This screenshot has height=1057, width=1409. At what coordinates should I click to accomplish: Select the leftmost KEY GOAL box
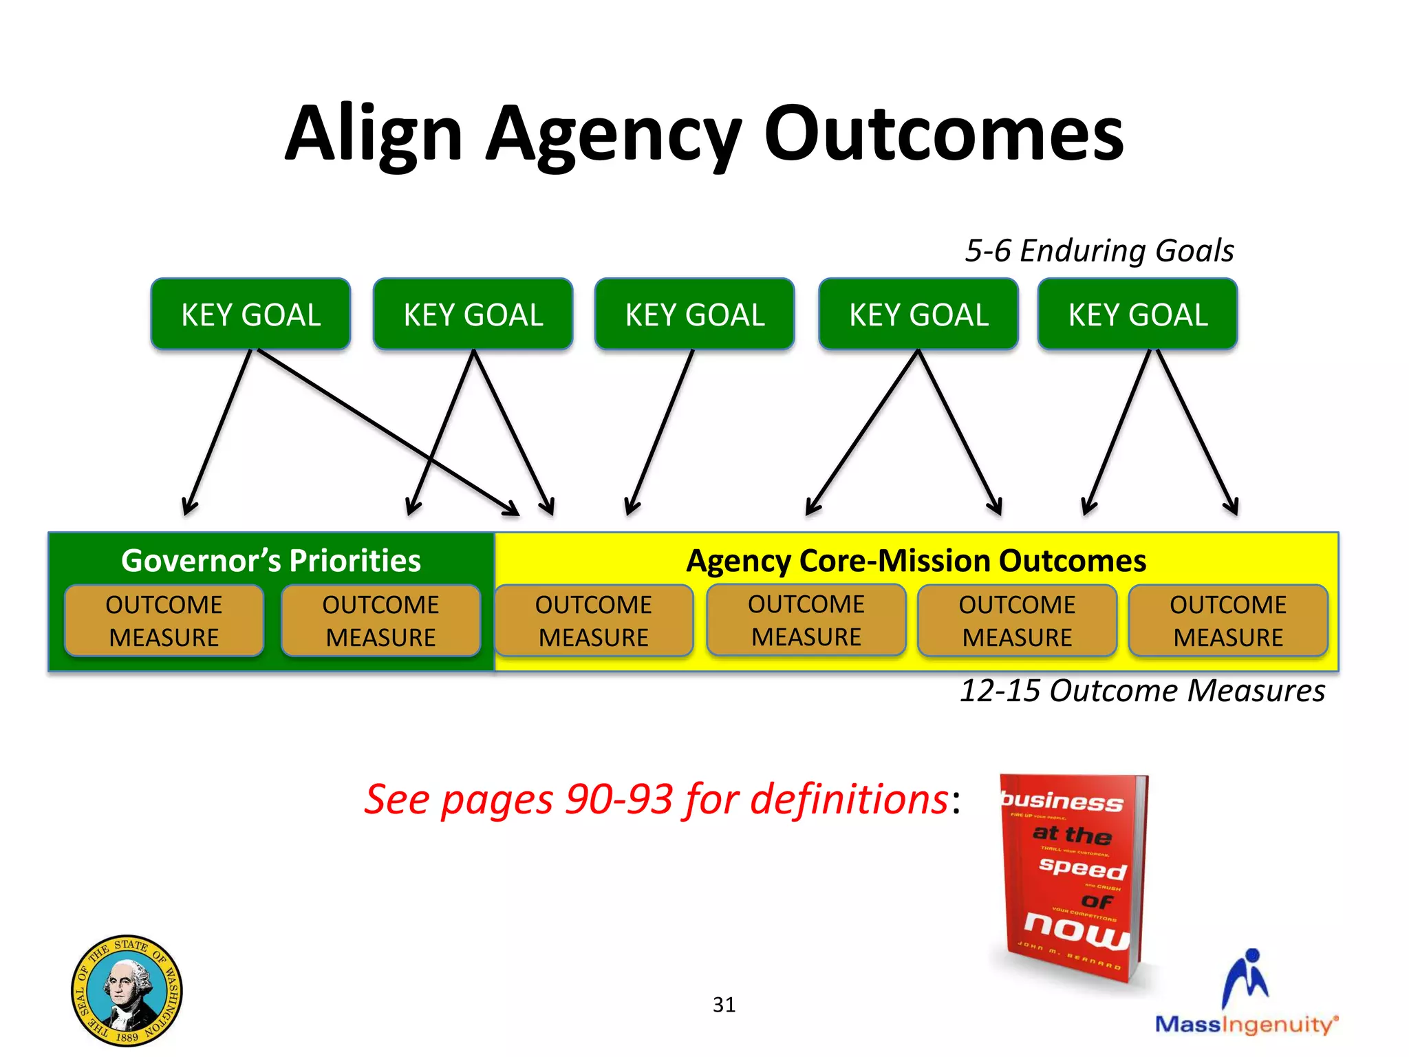(250, 314)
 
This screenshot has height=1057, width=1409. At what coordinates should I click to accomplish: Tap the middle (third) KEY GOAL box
(694, 314)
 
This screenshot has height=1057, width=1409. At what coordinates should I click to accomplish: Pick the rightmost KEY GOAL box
(1137, 314)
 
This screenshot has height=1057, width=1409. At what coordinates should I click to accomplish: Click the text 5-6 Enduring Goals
(1099, 250)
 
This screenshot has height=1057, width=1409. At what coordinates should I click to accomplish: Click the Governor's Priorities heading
(270, 561)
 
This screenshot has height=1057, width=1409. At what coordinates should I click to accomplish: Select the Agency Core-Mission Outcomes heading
(916, 561)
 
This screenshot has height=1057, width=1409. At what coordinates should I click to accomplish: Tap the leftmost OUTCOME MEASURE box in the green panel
(164, 621)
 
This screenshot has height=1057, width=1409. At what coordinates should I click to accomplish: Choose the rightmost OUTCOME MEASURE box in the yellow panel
(1228, 621)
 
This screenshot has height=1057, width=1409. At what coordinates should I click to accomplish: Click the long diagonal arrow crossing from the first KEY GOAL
(385, 430)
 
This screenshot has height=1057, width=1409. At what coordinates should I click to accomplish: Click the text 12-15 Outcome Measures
(1141, 690)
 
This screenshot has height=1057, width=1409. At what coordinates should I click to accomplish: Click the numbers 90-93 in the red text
(619, 800)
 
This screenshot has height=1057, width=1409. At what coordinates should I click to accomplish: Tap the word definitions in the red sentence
(849, 800)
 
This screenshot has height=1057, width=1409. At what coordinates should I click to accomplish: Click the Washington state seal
(127, 990)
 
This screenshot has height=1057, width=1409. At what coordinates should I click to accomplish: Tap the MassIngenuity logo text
(1245, 1024)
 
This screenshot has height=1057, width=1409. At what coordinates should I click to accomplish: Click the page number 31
(724, 1005)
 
